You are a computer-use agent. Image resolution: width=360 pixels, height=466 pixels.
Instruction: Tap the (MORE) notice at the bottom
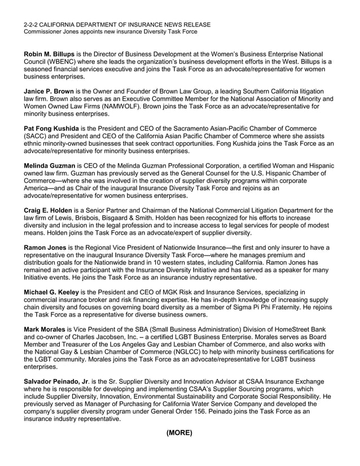179,433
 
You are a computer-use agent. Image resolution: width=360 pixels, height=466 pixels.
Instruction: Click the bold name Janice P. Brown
49,91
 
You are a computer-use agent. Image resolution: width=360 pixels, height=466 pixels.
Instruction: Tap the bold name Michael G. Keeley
51,292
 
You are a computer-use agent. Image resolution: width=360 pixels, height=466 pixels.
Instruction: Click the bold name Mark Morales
44,329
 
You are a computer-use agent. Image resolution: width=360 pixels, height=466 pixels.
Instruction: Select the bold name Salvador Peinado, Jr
55,382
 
